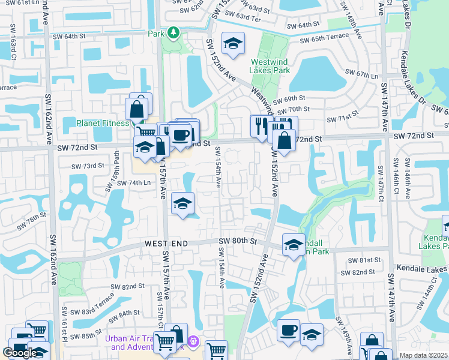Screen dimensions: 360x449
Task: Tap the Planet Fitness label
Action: tap(103, 124)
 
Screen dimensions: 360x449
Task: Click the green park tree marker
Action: tap(173, 32)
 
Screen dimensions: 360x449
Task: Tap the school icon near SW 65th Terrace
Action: tap(232, 43)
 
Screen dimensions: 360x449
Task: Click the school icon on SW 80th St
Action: tap(294, 245)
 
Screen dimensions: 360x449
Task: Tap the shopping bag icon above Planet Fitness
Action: tap(137, 109)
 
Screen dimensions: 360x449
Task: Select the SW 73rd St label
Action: tap(88, 166)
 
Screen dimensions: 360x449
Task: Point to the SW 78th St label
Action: tap(32, 220)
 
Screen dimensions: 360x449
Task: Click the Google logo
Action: tap(20, 353)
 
